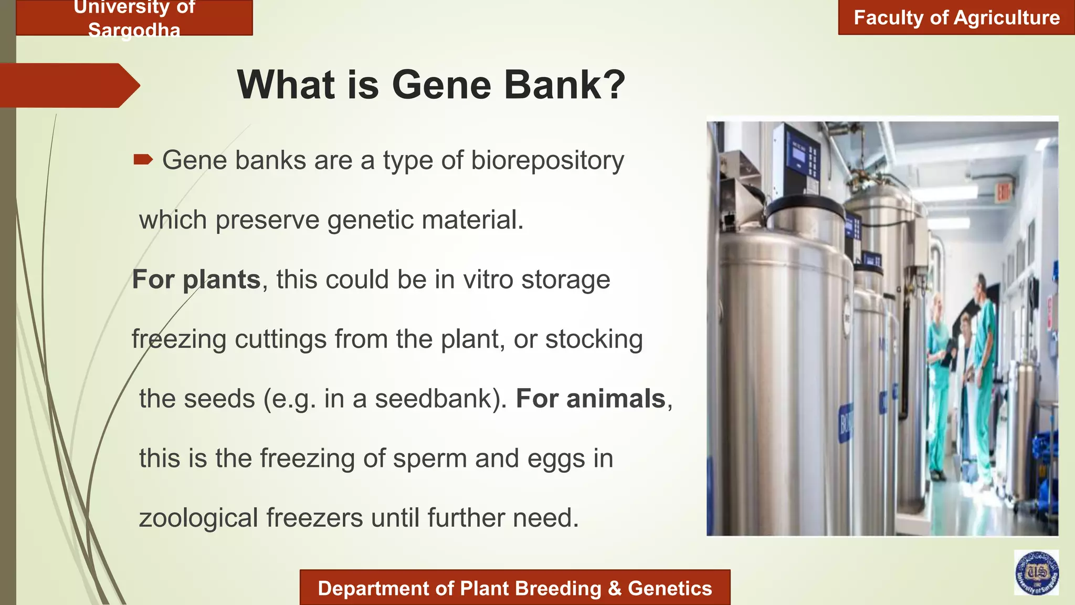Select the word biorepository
(547, 161)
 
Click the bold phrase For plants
(196, 279)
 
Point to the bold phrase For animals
(591, 399)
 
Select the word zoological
(198, 518)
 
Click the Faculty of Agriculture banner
(956, 18)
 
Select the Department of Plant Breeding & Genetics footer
(514, 588)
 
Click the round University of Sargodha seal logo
(1036, 573)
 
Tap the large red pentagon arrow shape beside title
(68, 86)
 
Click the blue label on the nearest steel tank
(845, 423)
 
